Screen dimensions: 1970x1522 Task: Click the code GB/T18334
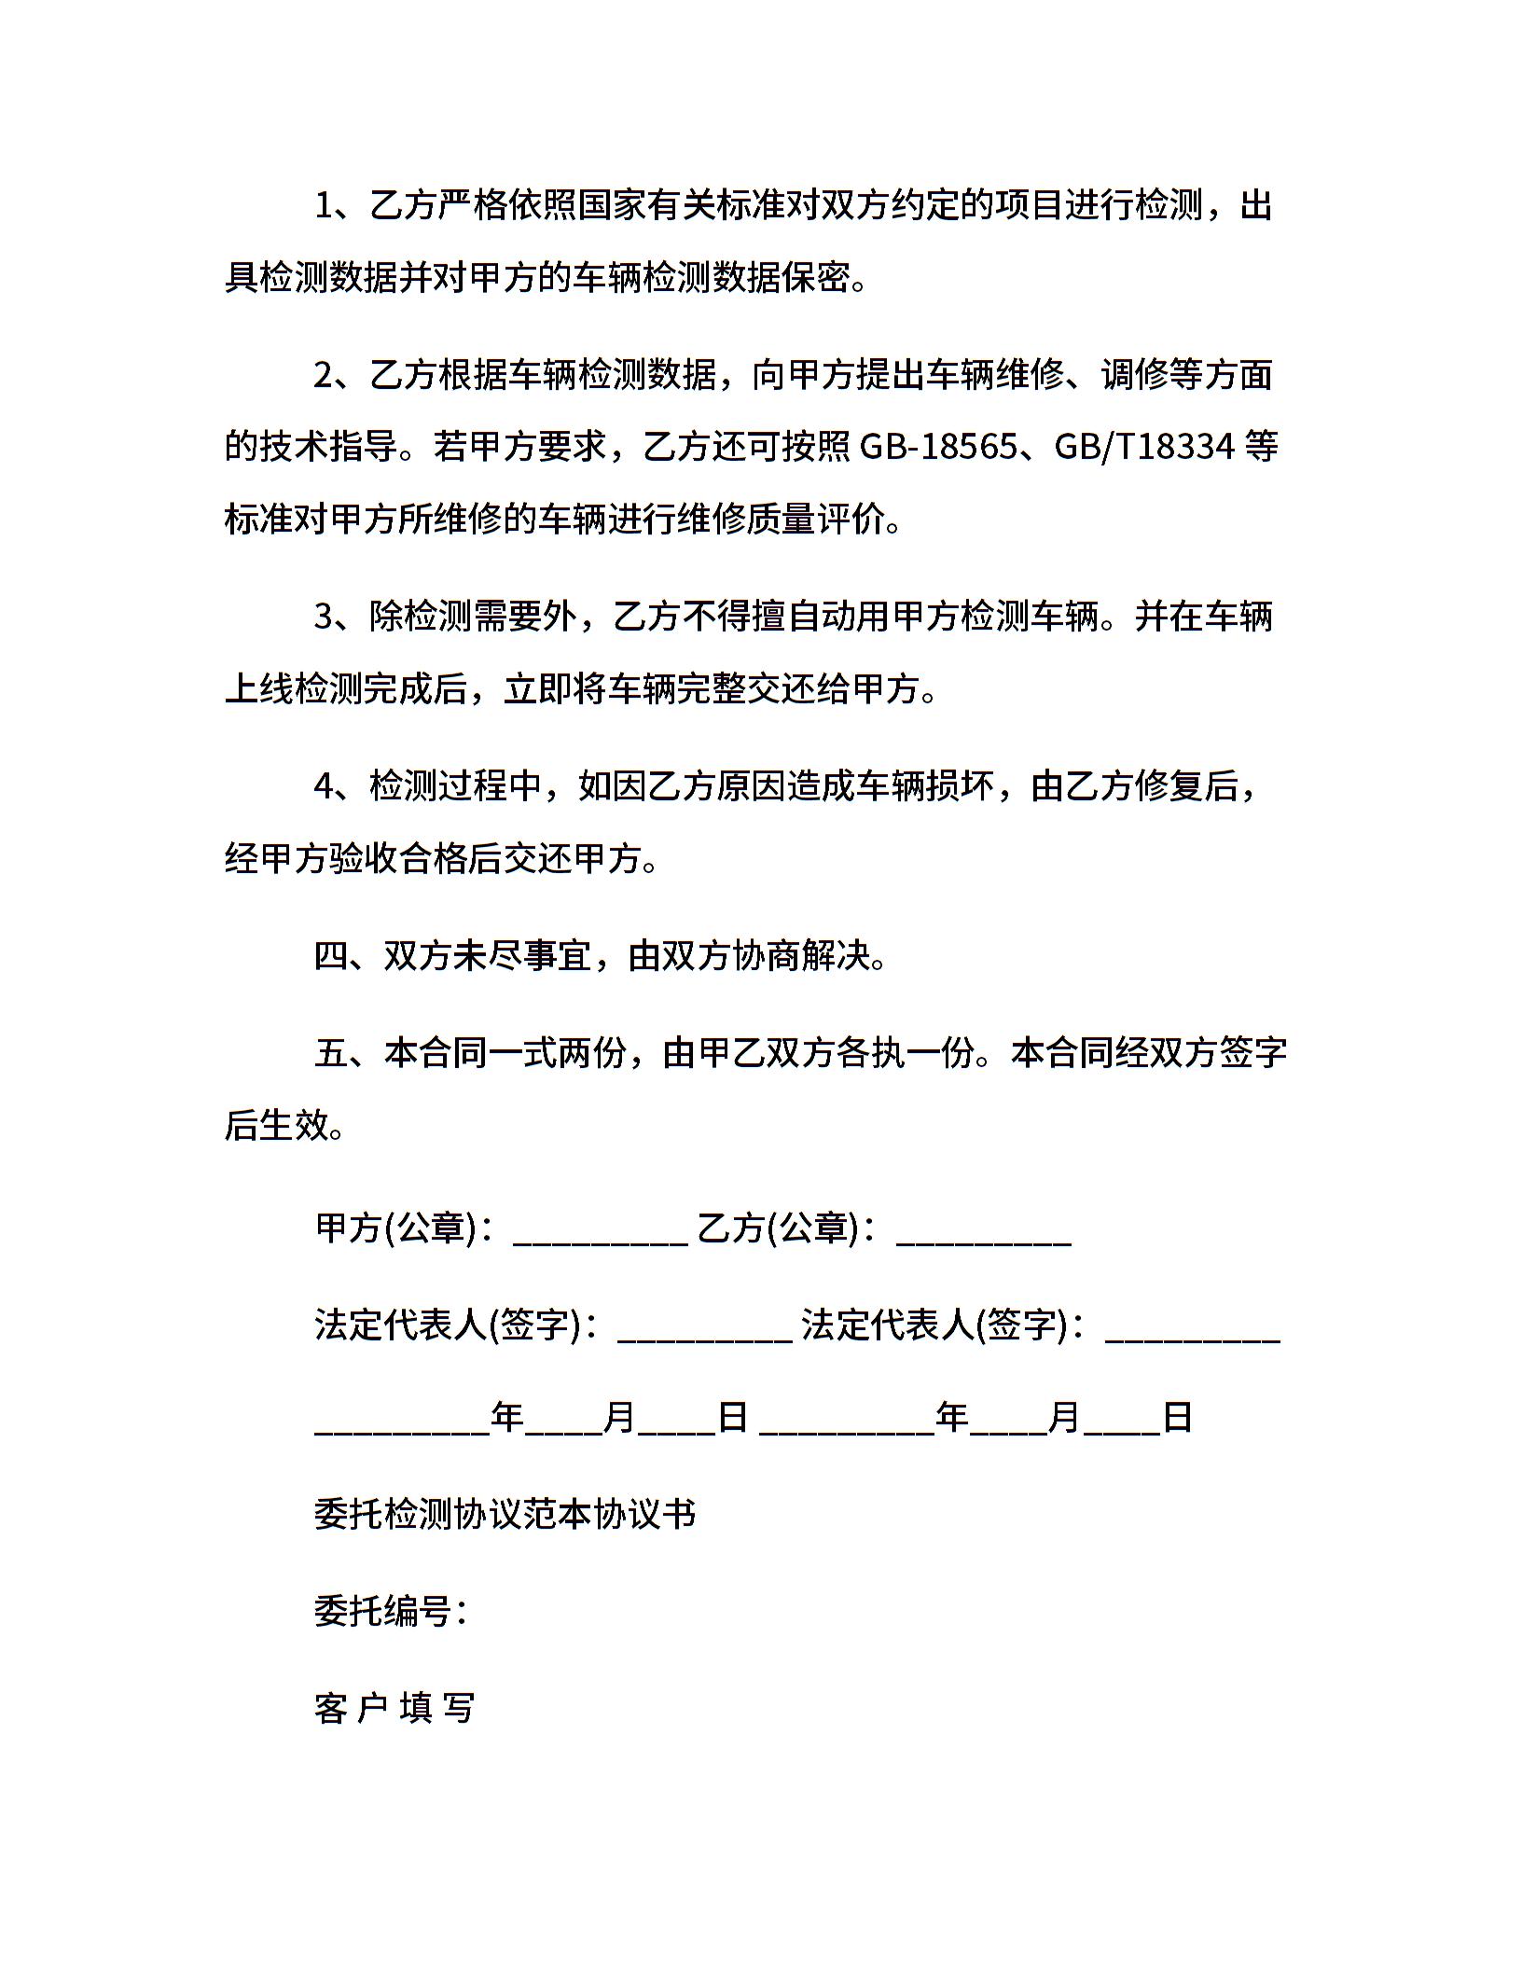(1144, 448)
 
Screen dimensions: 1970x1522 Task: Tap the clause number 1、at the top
(339, 206)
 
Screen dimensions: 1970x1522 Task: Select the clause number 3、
(339, 617)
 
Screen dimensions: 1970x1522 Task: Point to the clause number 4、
(339, 786)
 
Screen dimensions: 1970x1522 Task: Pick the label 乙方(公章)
(778, 1228)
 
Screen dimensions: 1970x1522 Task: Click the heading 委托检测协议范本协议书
(505, 1514)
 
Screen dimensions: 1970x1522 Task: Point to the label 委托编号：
(391, 1611)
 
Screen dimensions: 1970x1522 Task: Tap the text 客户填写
(395, 1708)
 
